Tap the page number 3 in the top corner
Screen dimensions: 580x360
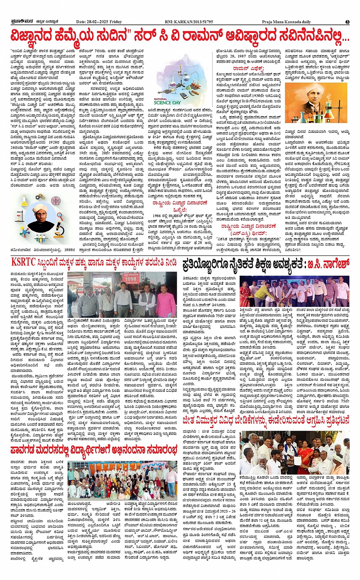coord(347,22)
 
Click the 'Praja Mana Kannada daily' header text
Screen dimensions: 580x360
coord(286,22)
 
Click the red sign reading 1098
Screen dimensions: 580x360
coord(131,279)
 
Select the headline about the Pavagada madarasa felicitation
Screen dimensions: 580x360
coord(93,451)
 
